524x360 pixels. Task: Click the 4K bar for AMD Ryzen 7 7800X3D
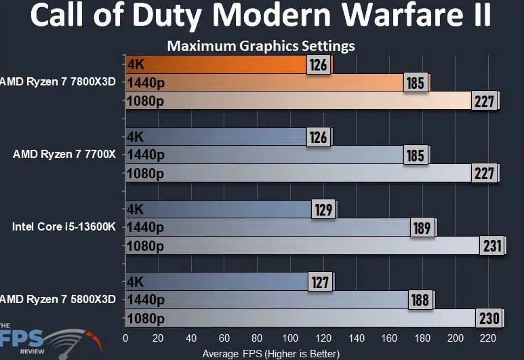pos(217,65)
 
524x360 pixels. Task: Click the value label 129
pos(323,209)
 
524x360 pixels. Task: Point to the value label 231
pos(491,245)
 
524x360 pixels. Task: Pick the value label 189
pos(422,228)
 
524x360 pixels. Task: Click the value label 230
pos(489,318)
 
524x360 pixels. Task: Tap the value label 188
pos(420,300)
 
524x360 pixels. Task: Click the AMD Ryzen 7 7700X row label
pos(64,155)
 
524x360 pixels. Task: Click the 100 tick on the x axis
pos(289,338)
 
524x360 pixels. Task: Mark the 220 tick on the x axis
pos(487,338)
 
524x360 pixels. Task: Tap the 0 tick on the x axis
pos(125,338)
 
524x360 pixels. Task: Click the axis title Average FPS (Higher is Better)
pos(271,353)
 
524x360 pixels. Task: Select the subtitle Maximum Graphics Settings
pos(261,46)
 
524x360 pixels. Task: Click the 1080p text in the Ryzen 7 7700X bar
pos(145,174)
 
